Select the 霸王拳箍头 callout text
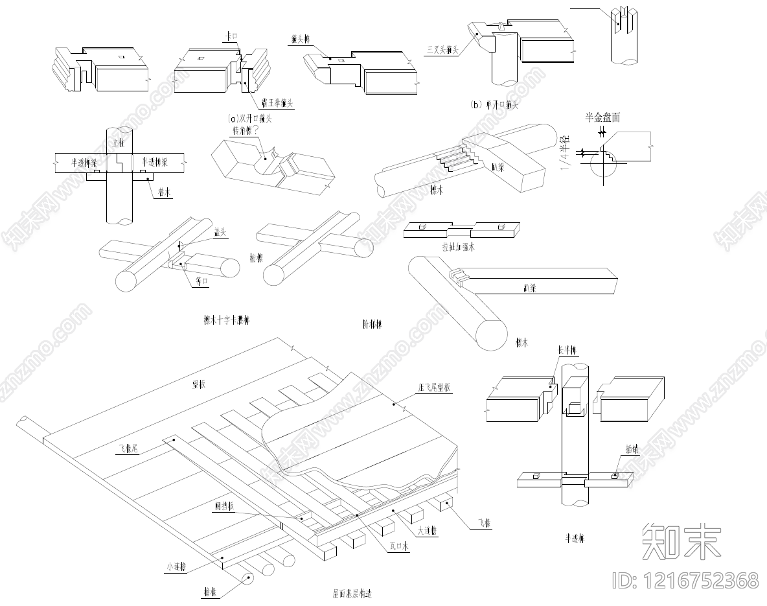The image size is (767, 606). tap(274, 103)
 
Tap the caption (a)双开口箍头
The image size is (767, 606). tap(250, 119)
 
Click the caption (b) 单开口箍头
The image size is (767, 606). tap(495, 104)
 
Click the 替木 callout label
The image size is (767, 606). tap(163, 192)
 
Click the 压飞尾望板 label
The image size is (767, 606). tap(435, 388)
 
